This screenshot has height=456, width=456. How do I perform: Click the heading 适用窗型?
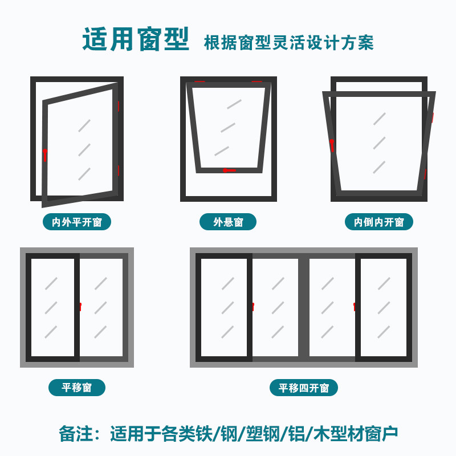[x=135, y=39]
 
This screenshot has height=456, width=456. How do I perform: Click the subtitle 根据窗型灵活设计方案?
[x=289, y=43]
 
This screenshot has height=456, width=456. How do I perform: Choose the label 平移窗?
[x=76, y=388]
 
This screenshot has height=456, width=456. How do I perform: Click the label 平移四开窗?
[x=304, y=388]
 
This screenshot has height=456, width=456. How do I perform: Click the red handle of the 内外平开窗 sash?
[x=45, y=154]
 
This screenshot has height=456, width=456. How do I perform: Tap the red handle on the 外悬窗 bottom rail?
[x=229, y=170]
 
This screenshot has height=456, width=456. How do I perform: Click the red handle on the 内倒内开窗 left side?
[x=332, y=145]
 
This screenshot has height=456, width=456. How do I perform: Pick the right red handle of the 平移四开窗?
[x=355, y=307]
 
